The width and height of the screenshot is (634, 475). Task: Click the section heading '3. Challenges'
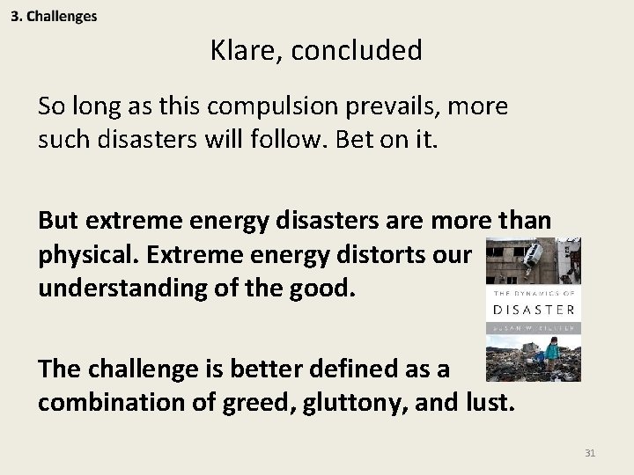click(55, 17)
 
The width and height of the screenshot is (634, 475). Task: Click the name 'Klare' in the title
click(243, 51)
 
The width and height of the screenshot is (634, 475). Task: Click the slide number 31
click(590, 454)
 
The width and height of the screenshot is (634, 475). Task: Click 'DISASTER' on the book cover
click(534, 310)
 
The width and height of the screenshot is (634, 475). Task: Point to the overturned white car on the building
click(534, 256)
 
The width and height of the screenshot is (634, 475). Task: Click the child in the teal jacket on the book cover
click(552, 353)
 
